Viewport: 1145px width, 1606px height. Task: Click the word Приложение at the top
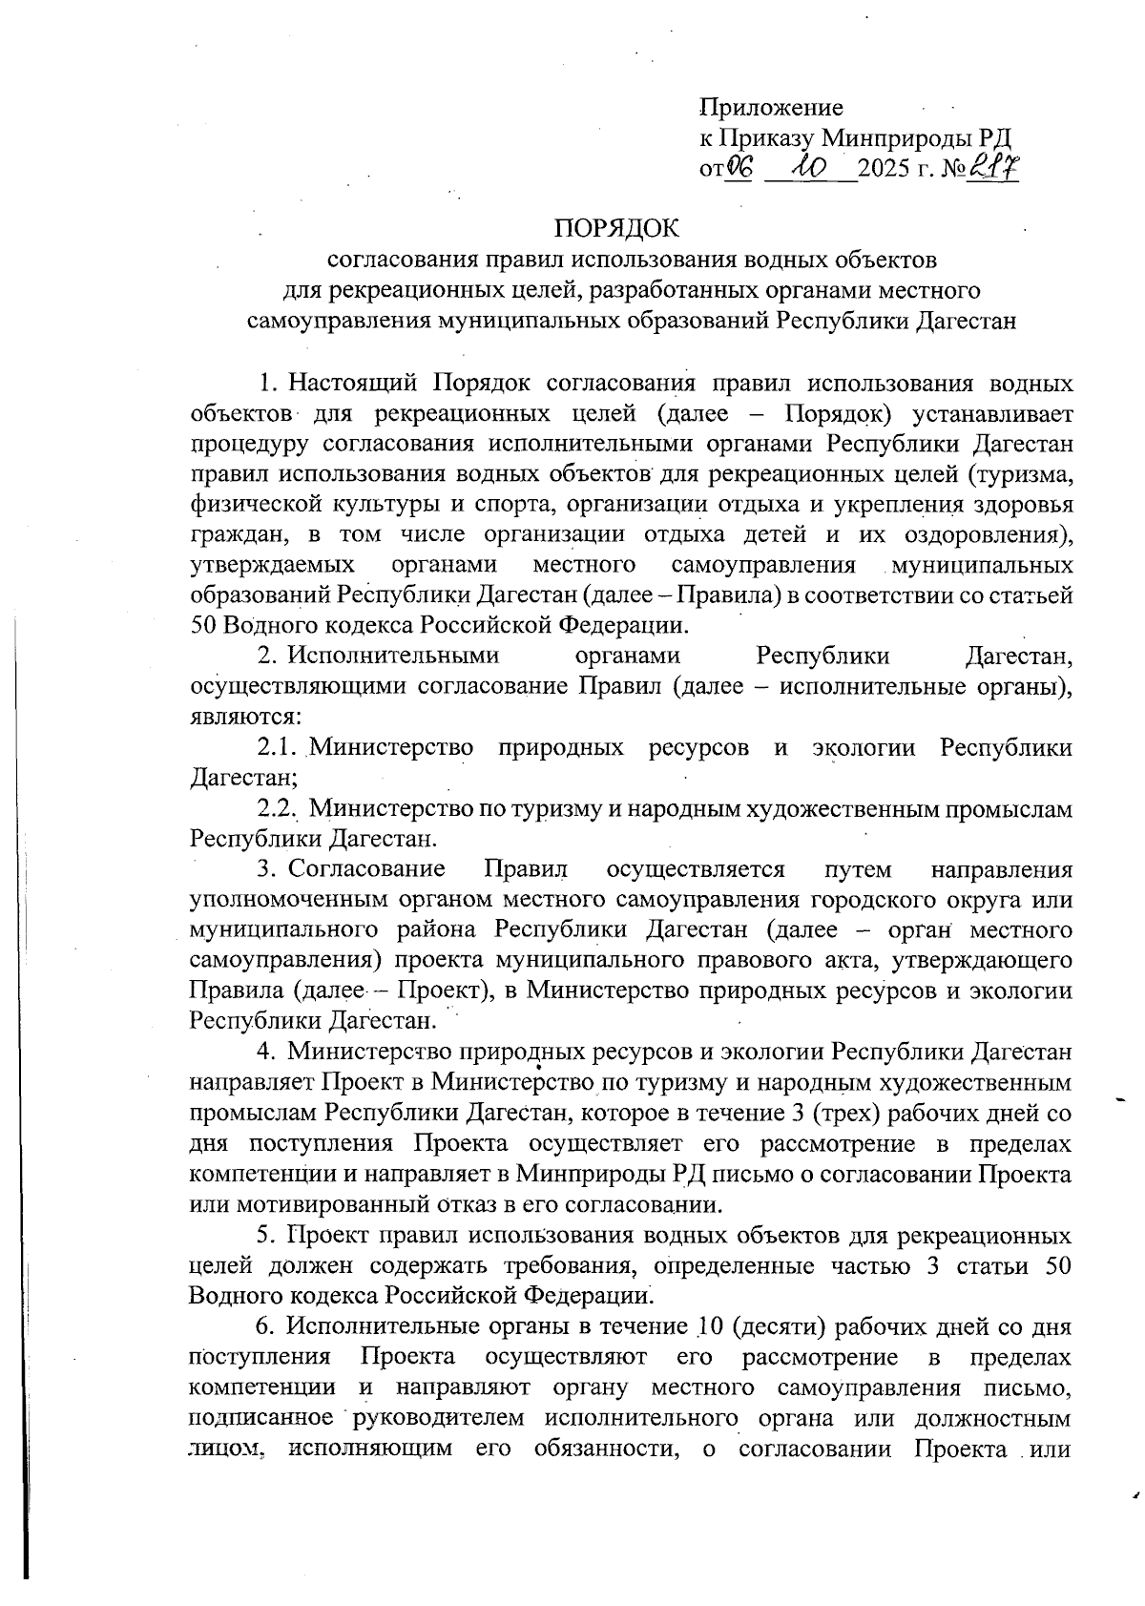(771, 108)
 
